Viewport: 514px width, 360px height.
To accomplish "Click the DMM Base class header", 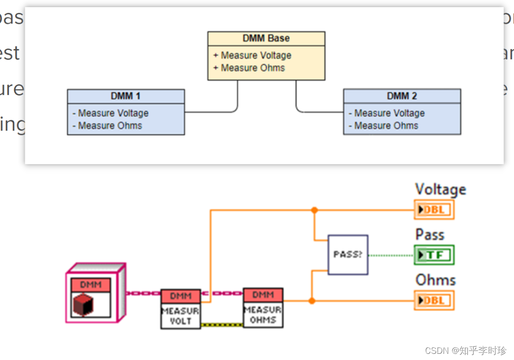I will tap(266, 39).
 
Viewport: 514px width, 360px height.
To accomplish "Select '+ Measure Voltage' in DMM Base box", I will tap(252, 56).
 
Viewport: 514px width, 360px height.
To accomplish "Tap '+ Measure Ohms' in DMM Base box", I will tap(249, 68).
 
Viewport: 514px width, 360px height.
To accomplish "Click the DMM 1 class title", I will tap(126, 96).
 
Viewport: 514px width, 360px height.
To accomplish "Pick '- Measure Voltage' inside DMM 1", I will tap(110, 113).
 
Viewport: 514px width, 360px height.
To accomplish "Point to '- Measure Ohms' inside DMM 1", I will tap(107, 126).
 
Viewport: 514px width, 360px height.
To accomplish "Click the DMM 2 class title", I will tap(402, 96).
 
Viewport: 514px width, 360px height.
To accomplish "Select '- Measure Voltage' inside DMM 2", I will tap(386, 113).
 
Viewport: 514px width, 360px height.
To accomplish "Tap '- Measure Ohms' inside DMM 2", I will tap(383, 126).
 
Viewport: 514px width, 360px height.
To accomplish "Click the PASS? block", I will tap(348, 254).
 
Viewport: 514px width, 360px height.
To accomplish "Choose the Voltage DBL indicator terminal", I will tap(434, 210).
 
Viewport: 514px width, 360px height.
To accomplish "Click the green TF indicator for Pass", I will tap(434, 255).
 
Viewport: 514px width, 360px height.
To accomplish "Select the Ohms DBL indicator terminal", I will tap(434, 301).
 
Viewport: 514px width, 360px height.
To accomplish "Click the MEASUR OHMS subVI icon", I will tap(263, 308).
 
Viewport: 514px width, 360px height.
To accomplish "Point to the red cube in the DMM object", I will tap(83, 305).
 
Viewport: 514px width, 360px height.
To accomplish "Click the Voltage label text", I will tap(440, 189).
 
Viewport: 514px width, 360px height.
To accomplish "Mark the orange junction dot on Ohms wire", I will tap(312, 301).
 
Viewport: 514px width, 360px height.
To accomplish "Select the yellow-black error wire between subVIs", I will tap(222, 325).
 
